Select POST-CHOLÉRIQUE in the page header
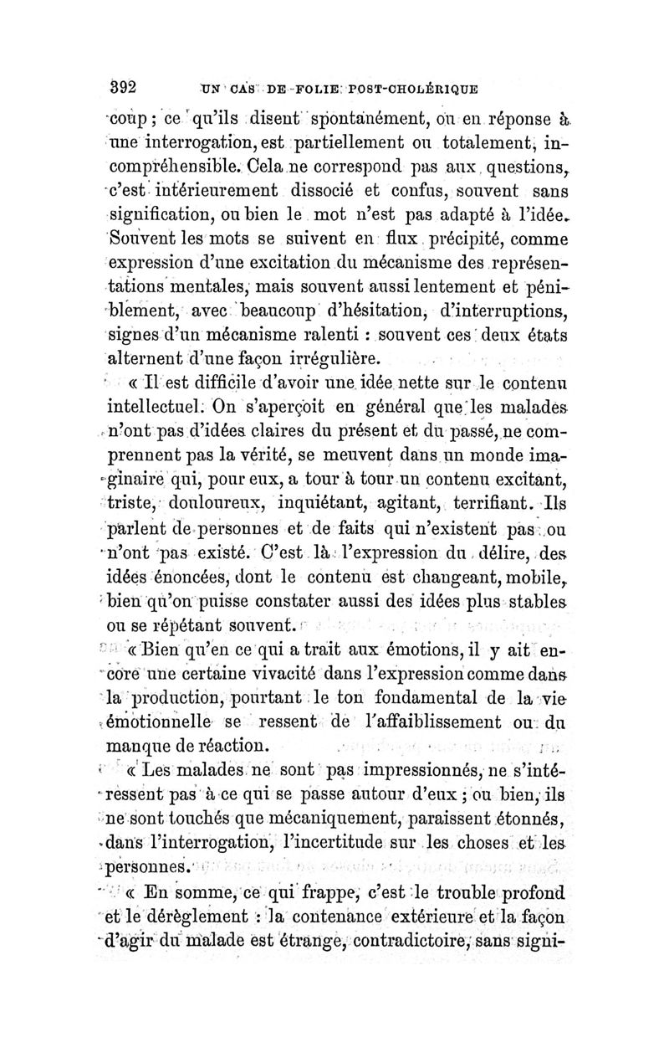pyautogui.click(x=416, y=88)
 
